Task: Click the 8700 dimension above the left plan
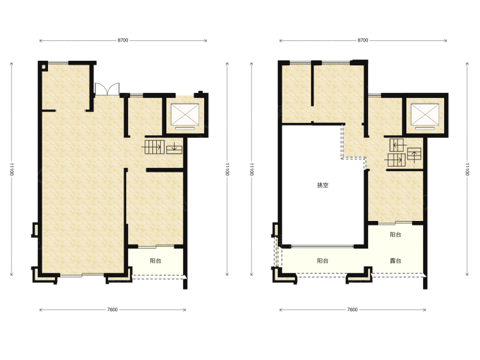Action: coord(123,40)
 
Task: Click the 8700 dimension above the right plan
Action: coord(363,40)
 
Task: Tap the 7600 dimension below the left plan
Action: coord(113,310)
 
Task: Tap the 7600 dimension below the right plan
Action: coord(353,310)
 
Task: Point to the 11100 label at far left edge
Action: coord(12,169)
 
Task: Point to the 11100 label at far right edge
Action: coord(467,169)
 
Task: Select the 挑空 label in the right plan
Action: coord(323,185)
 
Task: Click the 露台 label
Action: coord(396,261)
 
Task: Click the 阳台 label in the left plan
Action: coord(156,261)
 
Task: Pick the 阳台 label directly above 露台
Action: coord(396,234)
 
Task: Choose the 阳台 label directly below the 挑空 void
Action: coord(323,261)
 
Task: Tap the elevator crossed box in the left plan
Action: coord(184,114)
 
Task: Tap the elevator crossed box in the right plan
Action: coord(424,114)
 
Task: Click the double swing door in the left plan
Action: coord(107,89)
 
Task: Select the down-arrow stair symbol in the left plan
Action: coord(174,148)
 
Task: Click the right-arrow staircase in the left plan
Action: coord(154,147)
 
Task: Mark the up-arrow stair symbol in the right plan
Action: coord(414,155)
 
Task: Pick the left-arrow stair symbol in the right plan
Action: coord(397,145)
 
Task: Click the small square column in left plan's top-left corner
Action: coord(44,66)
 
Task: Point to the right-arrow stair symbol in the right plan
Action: coord(396,160)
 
